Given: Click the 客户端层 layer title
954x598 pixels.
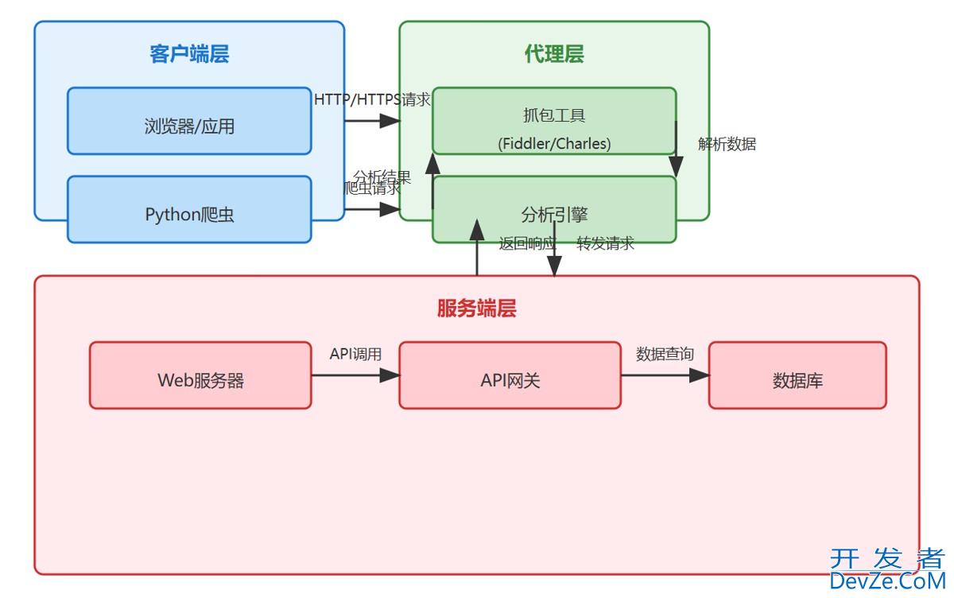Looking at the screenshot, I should pos(189,54).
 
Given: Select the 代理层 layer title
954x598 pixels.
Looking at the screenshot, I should pos(554,54).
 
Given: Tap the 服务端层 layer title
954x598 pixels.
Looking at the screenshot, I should pos(477,309).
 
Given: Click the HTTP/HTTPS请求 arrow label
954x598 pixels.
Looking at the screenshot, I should pos(372,100).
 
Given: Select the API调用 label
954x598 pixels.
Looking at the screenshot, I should pos(355,355).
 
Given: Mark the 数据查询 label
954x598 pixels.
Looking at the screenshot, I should pos(665,355).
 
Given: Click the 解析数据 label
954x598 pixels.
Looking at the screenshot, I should pos(727,145).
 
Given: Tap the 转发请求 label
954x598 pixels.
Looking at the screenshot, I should pos(606,244).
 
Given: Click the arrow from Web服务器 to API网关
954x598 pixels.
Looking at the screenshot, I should pos(355,375).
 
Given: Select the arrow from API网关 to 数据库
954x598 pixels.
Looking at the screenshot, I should pos(665,375).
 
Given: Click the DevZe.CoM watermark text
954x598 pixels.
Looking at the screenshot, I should pos(887,582).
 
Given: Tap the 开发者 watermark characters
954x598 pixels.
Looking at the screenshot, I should pos(887,558).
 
